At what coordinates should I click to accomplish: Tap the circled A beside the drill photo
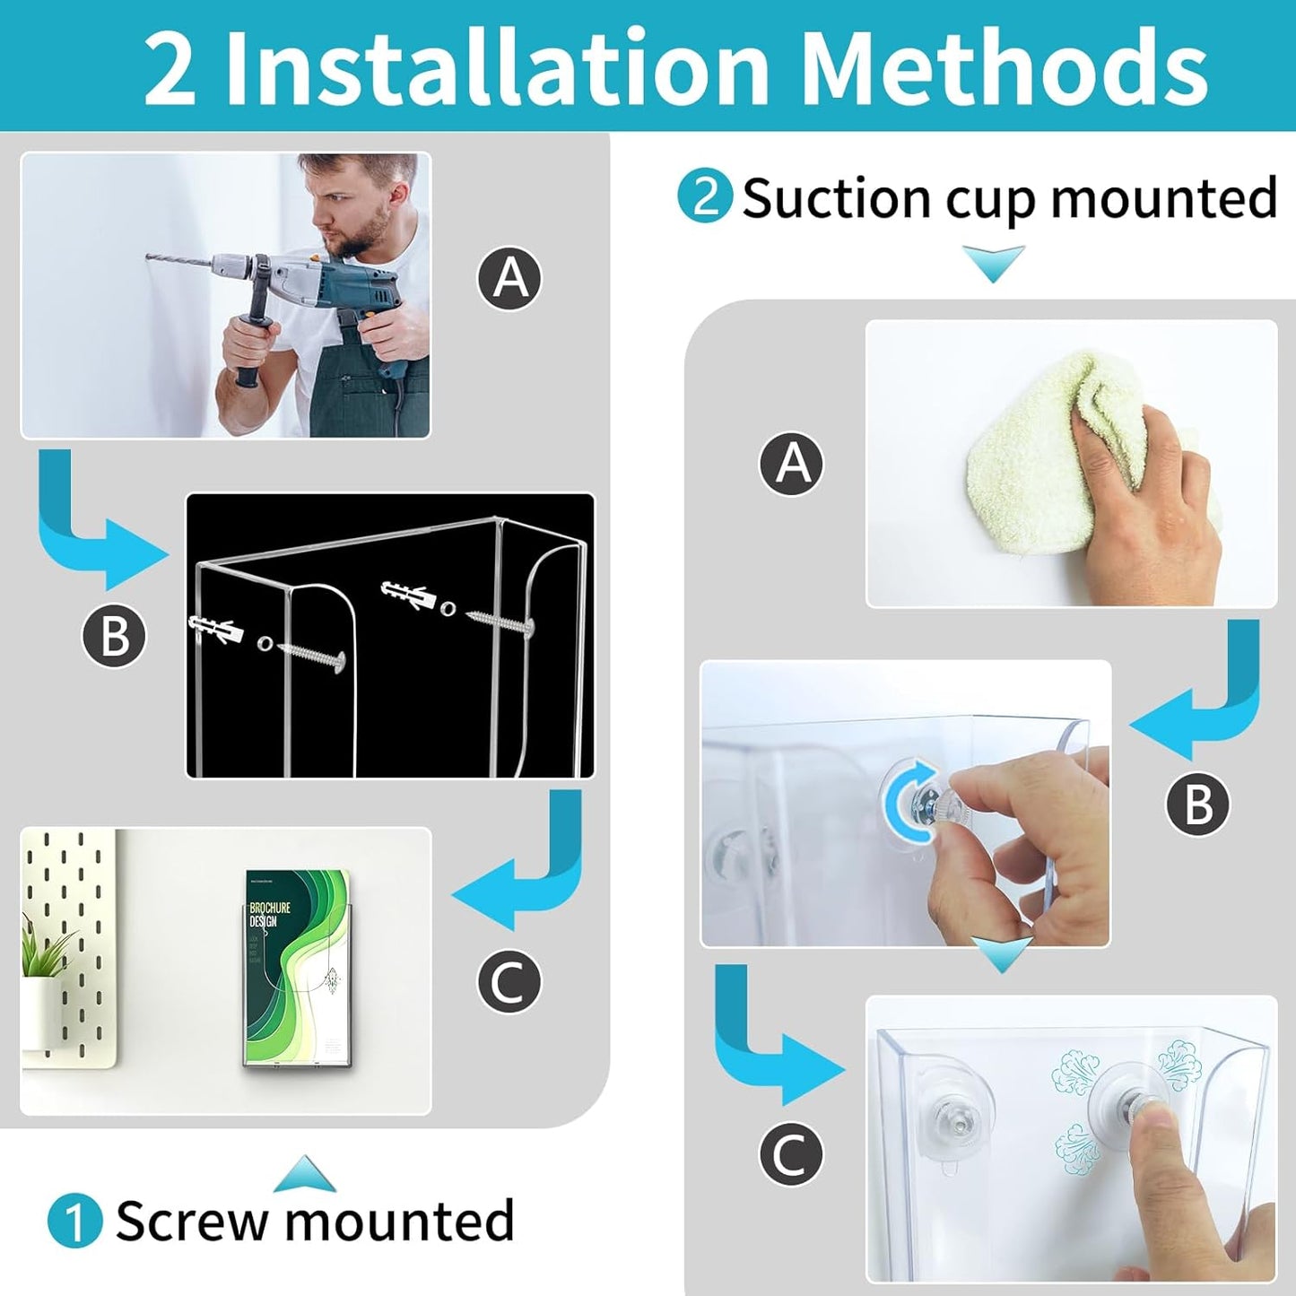tap(509, 278)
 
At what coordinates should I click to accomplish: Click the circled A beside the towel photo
tap(791, 464)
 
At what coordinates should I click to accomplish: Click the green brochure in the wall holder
tap(296, 969)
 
